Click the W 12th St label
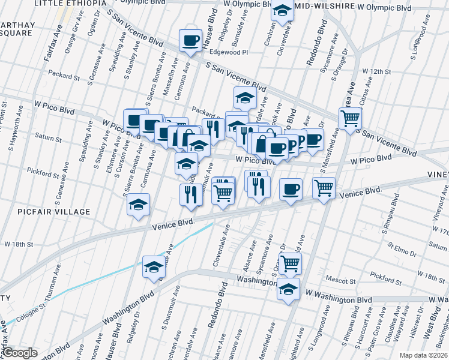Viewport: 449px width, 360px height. (x=377, y=71)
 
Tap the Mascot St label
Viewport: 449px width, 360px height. (x=340, y=280)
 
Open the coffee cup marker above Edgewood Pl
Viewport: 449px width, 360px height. (x=190, y=41)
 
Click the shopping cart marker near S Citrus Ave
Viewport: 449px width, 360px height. (x=350, y=118)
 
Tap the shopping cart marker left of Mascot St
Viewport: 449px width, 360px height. (x=290, y=262)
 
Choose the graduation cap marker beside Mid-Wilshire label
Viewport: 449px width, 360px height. (x=282, y=10)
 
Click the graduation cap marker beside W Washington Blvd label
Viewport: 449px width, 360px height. (x=289, y=289)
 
